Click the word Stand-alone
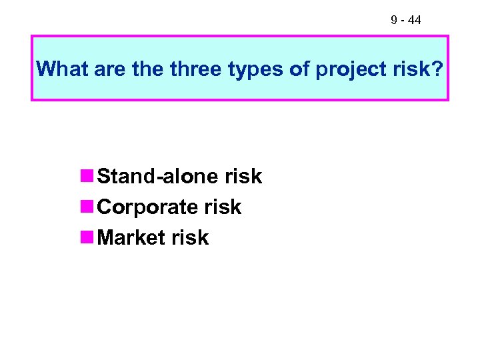pyautogui.click(x=159, y=177)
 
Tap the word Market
pyautogui.click(x=131, y=238)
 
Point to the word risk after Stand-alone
pyautogui.click(x=243, y=177)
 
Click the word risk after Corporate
pyautogui.click(x=223, y=207)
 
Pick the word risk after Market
pyautogui.click(x=191, y=238)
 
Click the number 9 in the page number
pyautogui.click(x=395, y=21)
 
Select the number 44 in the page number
pyautogui.click(x=414, y=21)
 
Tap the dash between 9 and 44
pyautogui.click(x=403, y=21)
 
